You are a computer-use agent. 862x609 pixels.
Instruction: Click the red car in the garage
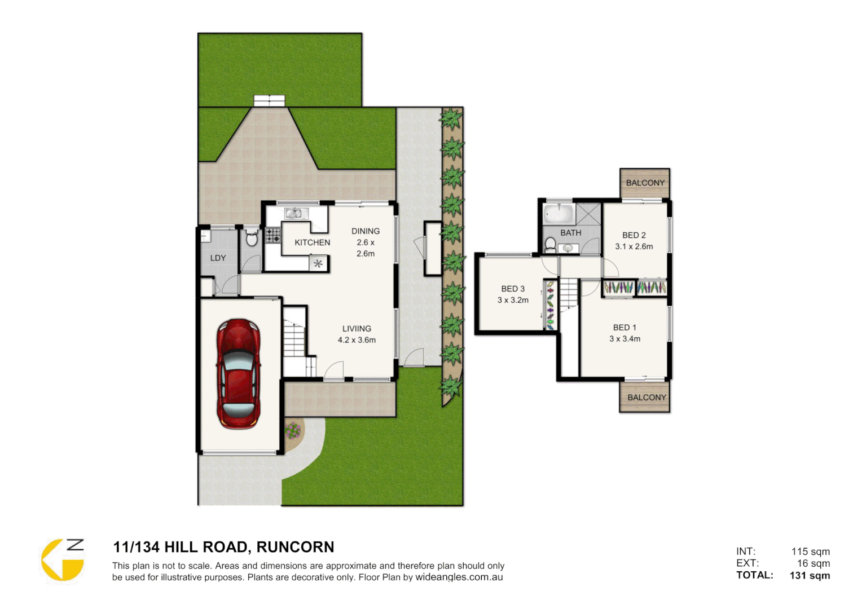(239, 373)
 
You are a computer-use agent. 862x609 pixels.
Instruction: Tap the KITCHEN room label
(312, 242)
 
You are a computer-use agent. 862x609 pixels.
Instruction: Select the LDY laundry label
(218, 258)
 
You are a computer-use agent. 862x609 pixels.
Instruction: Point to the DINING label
(365, 231)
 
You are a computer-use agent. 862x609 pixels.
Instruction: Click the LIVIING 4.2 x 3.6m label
(357, 334)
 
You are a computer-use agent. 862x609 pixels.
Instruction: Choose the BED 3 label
(513, 289)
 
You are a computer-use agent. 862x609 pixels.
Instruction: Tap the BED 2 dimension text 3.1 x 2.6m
(634, 246)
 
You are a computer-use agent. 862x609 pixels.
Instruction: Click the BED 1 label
(624, 328)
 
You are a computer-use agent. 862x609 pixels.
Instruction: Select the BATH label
(570, 233)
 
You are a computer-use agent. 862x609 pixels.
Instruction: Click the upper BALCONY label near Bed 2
(645, 183)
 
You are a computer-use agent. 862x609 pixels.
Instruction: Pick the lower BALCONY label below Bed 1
(646, 398)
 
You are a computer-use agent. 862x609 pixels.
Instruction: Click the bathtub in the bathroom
(558, 214)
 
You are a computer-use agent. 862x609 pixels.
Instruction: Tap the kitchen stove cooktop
(273, 235)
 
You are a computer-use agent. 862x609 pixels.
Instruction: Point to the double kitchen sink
(293, 213)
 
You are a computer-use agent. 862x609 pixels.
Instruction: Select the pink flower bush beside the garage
(293, 431)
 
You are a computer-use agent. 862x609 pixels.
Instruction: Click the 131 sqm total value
(810, 576)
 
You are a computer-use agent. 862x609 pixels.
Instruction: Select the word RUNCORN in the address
(295, 547)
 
